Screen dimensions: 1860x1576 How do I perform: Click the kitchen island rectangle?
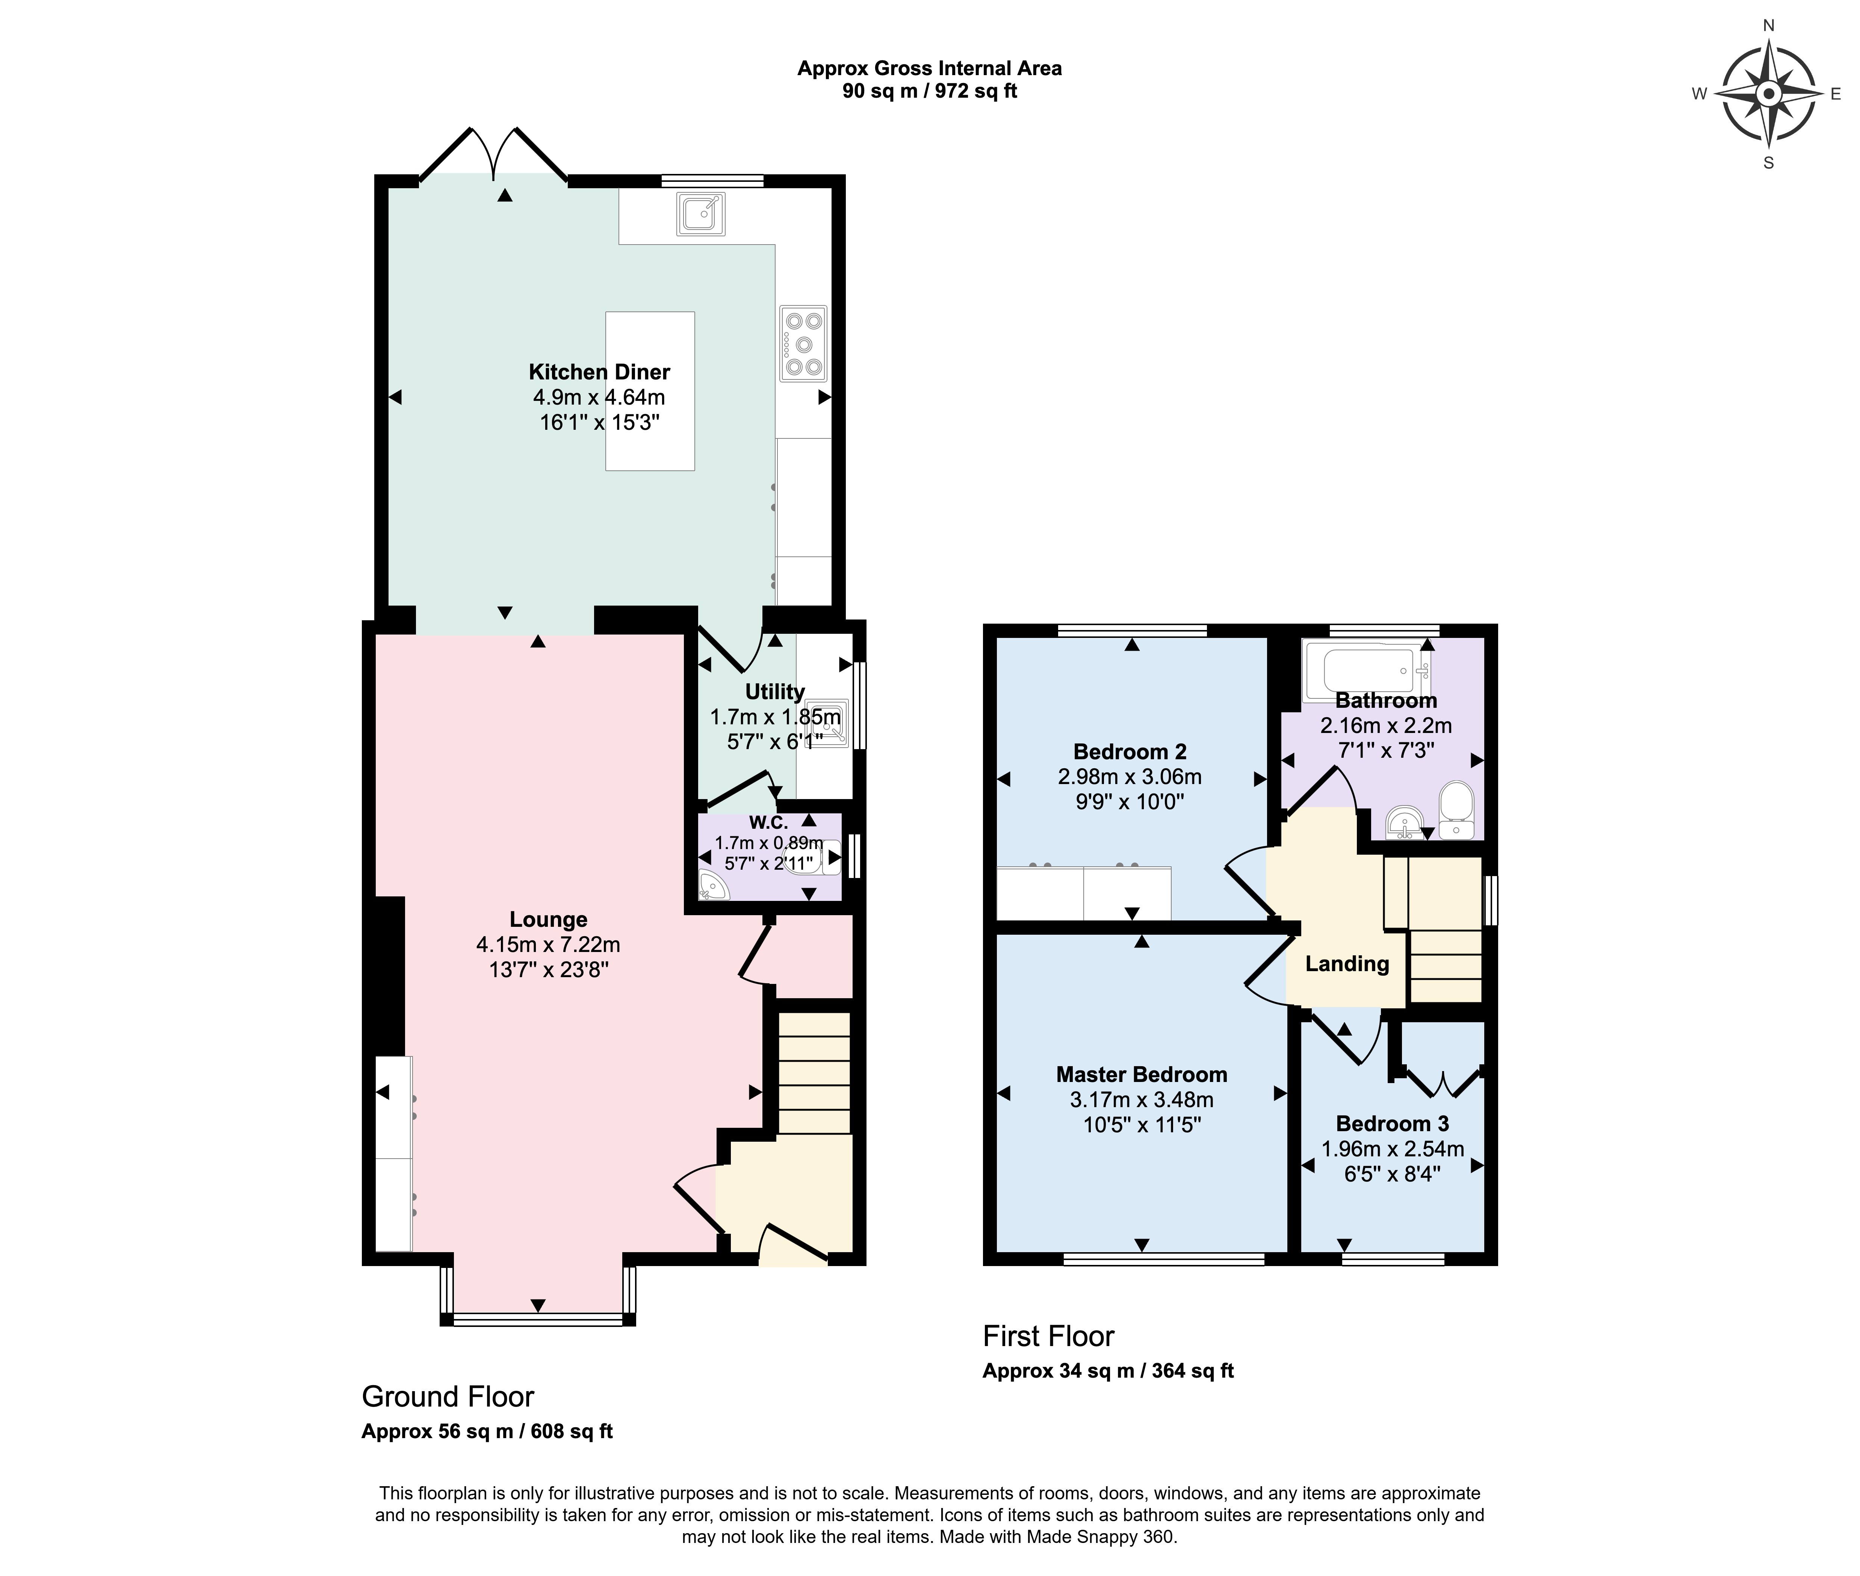[649, 390]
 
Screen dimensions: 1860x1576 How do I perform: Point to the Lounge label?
[549, 919]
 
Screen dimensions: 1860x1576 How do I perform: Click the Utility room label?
[774, 692]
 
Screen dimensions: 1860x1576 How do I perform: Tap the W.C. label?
[768, 822]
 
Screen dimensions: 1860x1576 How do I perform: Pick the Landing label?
[1347, 963]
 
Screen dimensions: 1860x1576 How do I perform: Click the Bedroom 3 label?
[1392, 1124]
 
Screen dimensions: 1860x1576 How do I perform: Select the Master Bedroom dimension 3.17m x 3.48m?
[1142, 1100]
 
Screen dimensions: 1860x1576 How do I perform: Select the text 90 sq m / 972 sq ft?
[929, 91]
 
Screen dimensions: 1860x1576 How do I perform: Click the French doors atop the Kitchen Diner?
[493, 156]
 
